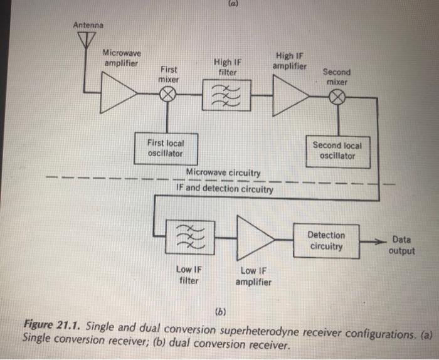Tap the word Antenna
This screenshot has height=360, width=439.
[88, 25]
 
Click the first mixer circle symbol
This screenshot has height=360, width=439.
[168, 95]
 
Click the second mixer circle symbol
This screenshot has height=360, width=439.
[337, 97]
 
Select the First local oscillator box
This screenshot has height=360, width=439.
[166, 148]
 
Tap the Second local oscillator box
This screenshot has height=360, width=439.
[338, 151]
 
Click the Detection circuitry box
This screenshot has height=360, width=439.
[327, 240]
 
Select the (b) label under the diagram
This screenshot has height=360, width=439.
[219, 311]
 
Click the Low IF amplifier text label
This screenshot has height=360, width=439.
[253, 276]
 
